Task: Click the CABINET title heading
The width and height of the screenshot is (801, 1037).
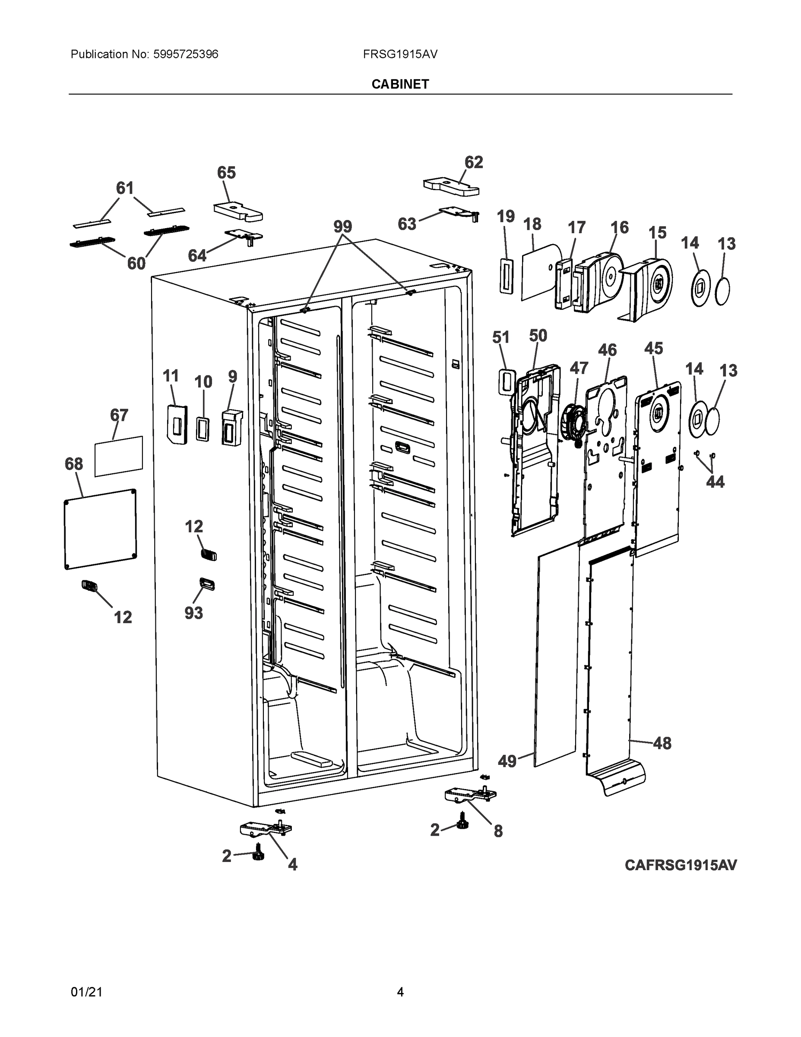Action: tap(400, 84)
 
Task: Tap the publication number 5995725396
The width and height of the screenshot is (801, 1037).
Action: tap(186, 54)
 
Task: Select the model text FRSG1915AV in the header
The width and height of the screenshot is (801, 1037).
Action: tap(400, 54)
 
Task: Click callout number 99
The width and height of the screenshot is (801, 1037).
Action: tap(342, 226)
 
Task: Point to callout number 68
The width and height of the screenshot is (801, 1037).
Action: tap(74, 464)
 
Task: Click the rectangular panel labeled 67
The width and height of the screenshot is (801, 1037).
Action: tap(119, 456)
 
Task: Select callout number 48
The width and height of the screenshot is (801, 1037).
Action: tap(662, 743)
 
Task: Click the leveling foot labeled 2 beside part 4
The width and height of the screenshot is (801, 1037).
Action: tap(258, 855)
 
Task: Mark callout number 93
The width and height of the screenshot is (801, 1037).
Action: tap(193, 613)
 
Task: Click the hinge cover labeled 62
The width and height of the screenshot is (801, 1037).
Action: tap(451, 186)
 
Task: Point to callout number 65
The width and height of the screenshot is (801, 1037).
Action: tap(226, 172)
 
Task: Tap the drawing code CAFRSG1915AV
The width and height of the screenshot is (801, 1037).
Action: tap(681, 865)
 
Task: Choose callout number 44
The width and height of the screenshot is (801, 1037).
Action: tap(715, 482)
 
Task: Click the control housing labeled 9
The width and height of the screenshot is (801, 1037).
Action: tap(231, 427)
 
